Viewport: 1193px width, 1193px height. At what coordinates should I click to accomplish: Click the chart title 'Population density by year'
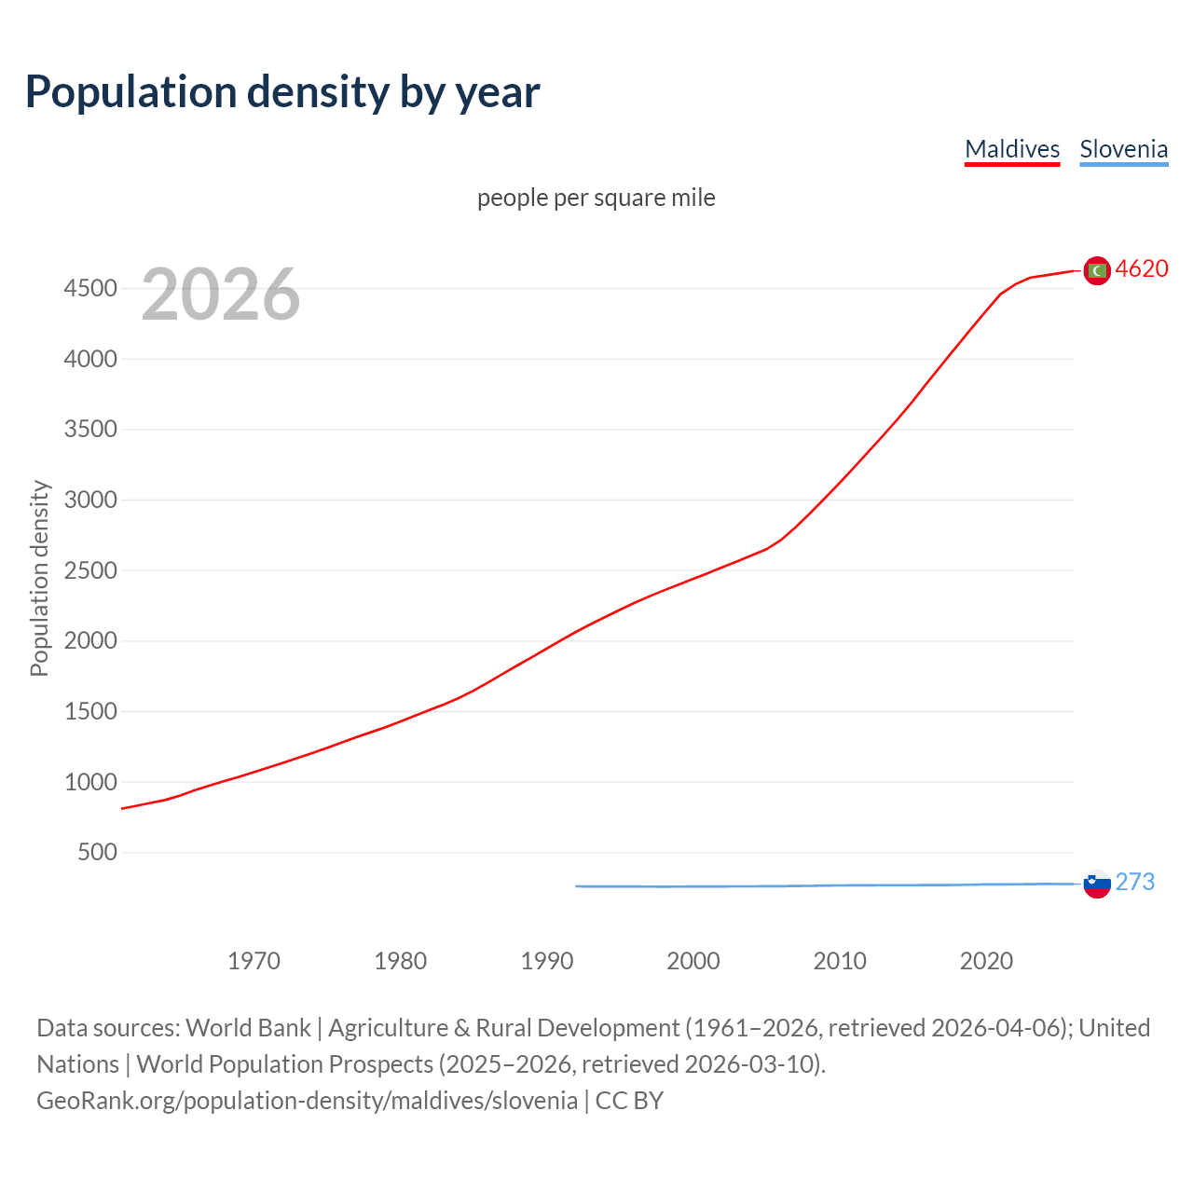point(282,91)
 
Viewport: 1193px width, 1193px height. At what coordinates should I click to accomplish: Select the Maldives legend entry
point(1012,149)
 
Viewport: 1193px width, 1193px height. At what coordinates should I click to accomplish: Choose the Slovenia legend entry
point(1123,149)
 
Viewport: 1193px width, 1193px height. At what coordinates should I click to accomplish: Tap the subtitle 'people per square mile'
point(596,198)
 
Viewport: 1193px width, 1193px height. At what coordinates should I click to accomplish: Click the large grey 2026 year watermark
point(221,295)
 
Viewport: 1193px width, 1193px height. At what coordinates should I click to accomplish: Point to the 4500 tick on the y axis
point(90,289)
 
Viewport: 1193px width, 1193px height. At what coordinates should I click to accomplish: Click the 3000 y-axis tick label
point(90,501)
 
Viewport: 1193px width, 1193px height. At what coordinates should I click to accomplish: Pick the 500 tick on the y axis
point(97,853)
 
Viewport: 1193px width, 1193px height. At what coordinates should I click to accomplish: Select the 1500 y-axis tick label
point(90,712)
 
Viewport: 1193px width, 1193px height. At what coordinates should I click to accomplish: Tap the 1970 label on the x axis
point(254,961)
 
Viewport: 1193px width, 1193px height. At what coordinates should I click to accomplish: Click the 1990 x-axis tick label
point(547,961)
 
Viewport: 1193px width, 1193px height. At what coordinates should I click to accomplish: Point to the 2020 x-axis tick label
point(986,961)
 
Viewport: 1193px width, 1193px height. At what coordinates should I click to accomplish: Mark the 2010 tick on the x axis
point(840,961)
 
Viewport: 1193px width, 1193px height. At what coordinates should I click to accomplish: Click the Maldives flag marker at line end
point(1097,270)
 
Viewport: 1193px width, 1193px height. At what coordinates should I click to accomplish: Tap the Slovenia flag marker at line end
point(1097,884)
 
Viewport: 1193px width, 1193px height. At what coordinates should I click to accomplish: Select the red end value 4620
point(1142,269)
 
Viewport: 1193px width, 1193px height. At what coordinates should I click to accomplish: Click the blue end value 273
point(1135,882)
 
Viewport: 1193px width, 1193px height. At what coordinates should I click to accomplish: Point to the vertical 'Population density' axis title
point(39,578)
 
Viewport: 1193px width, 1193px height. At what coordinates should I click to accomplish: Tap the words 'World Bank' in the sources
point(248,1028)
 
